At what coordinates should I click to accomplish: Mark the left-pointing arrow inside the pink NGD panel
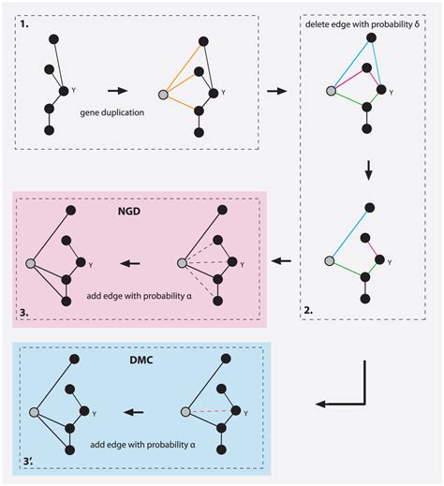pos(137,262)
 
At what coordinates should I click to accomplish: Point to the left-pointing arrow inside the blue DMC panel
pos(137,411)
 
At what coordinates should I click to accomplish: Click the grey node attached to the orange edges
pos(166,95)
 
